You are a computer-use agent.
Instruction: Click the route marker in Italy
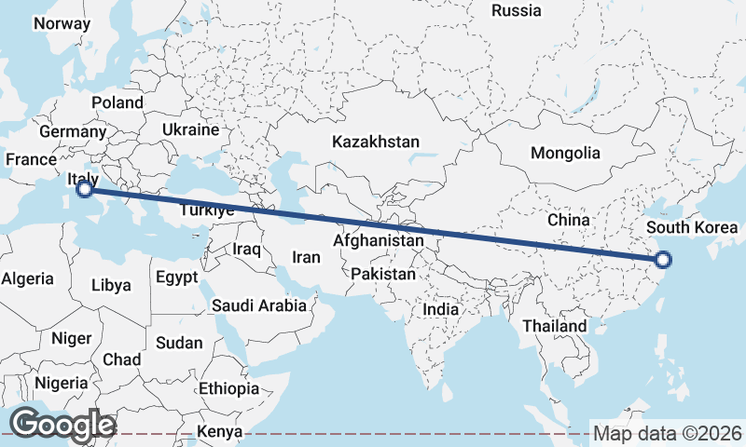point(84,189)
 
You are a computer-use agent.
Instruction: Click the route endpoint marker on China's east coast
point(662,261)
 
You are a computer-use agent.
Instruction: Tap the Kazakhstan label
point(376,142)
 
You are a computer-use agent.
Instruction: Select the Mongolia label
point(565,153)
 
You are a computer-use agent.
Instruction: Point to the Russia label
point(516,11)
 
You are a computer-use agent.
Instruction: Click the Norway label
point(62,23)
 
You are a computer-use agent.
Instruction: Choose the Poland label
point(117,102)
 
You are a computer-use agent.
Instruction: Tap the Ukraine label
point(190,129)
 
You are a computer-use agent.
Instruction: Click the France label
point(31,159)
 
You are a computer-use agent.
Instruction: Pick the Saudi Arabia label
point(258,305)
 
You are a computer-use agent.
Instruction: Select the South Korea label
point(691,227)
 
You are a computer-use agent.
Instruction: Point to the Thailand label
point(554,326)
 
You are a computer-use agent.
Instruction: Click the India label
point(440,309)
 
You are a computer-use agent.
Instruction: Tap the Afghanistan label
point(379,241)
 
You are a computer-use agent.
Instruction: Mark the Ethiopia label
point(228,388)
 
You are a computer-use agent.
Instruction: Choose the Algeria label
point(29,278)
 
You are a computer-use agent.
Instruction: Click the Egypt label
point(176,278)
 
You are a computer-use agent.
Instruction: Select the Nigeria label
point(62,383)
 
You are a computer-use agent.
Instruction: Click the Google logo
point(62,425)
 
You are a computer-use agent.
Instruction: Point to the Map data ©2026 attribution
point(668,433)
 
